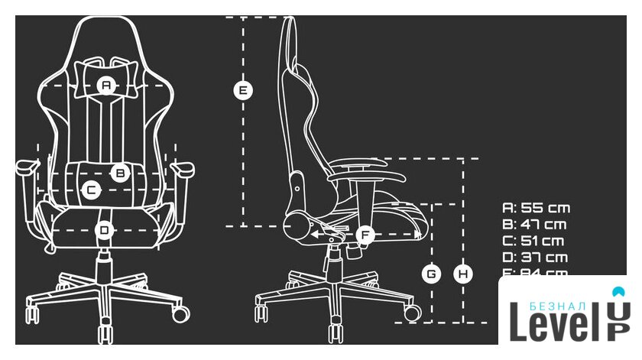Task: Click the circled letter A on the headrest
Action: click(106, 86)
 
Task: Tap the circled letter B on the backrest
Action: click(119, 173)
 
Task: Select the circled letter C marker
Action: click(90, 190)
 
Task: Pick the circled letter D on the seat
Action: click(105, 229)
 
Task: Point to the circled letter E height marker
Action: click(242, 90)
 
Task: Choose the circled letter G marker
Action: click(432, 273)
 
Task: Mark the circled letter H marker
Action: click(462, 273)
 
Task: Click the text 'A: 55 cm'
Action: click(536, 208)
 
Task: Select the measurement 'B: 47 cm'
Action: click(534, 225)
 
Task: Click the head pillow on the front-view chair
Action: click(106, 75)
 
